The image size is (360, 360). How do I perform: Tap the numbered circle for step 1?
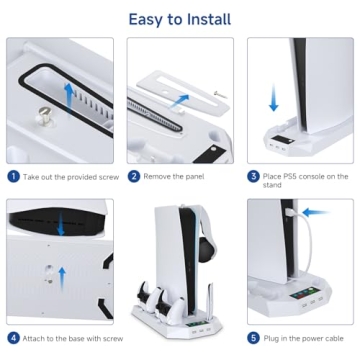(13, 176)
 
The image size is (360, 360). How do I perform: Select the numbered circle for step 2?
(133, 176)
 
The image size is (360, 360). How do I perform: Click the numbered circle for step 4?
(13, 337)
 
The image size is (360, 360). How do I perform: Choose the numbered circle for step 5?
(253, 337)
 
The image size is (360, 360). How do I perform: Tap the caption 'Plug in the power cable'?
(305, 337)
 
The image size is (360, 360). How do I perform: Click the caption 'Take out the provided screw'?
(66, 176)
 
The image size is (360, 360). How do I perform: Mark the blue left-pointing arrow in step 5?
(318, 212)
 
